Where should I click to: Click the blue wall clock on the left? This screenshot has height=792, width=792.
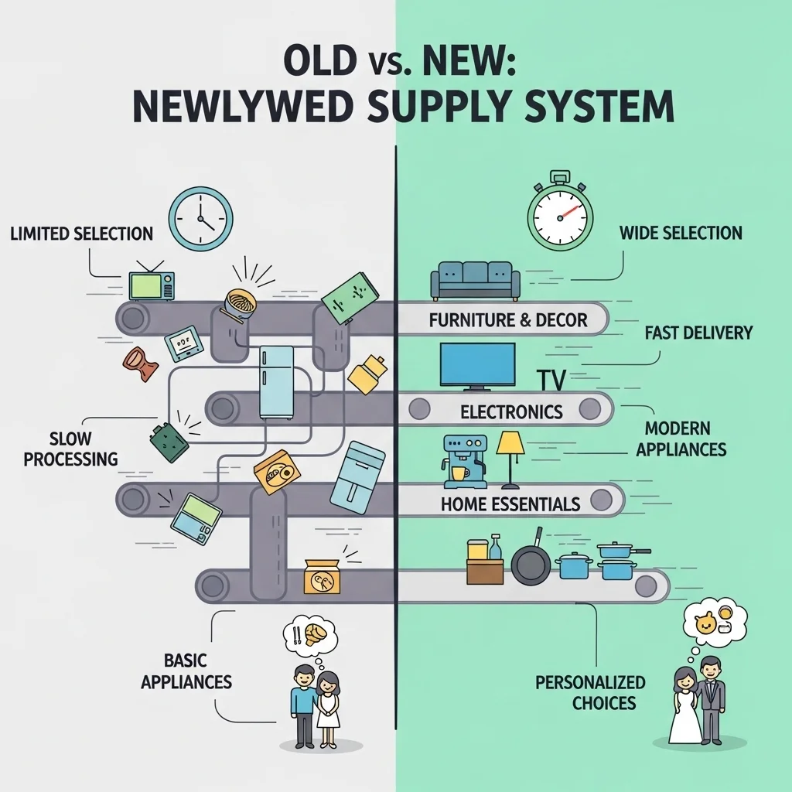200,219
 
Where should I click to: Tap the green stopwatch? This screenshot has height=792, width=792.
560,214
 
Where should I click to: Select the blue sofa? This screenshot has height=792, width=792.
476,281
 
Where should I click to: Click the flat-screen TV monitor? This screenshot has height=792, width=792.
478,366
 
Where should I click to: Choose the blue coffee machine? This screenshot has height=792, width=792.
465,462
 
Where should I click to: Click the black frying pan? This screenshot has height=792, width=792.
531,561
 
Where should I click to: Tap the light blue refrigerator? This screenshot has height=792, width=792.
276,382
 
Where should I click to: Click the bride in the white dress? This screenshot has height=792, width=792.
685,705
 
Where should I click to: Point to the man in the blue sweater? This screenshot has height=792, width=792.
303,705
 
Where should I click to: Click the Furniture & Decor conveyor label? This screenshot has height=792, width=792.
508,320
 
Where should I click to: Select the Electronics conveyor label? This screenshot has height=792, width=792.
512,412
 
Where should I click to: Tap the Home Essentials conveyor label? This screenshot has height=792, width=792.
510,504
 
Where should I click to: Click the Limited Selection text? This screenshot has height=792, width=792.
82,234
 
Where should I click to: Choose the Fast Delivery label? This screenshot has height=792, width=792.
698,333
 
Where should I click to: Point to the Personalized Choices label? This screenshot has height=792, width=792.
590,692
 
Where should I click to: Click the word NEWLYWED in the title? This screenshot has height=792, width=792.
242,107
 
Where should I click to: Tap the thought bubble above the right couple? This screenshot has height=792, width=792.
714,624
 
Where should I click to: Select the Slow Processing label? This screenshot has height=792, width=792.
70,449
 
